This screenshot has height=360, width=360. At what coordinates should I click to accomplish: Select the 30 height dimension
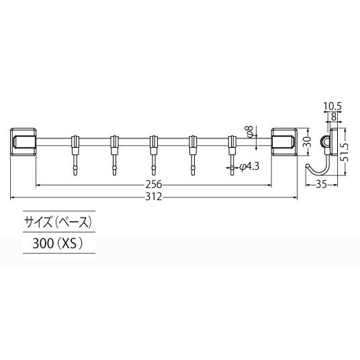[x=308, y=142]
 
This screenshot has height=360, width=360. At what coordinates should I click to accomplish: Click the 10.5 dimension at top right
[x=330, y=106]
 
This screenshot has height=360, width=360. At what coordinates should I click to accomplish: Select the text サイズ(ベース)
[x=56, y=222]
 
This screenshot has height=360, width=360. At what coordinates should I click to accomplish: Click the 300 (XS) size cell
[x=56, y=244]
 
